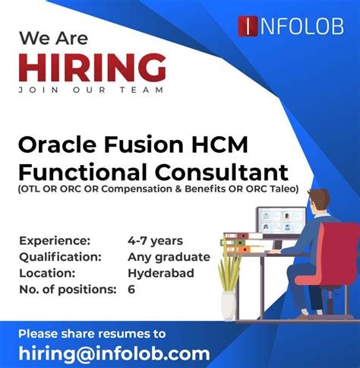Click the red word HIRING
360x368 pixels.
click(x=92, y=68)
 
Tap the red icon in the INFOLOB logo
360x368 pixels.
click(x=248, y=26)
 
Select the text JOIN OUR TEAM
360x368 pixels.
click(x=92, y=90)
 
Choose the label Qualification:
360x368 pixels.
click(x=62, y=256)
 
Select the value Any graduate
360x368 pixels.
click(x=169, y=256)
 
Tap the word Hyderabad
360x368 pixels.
click(x=161, y=272)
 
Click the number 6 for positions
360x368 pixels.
click(x=131, y=289)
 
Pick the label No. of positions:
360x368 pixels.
click(x=68, y=289)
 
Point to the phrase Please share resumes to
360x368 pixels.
click(x=92, y=332)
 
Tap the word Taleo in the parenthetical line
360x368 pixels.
click(x=282, y=189)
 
